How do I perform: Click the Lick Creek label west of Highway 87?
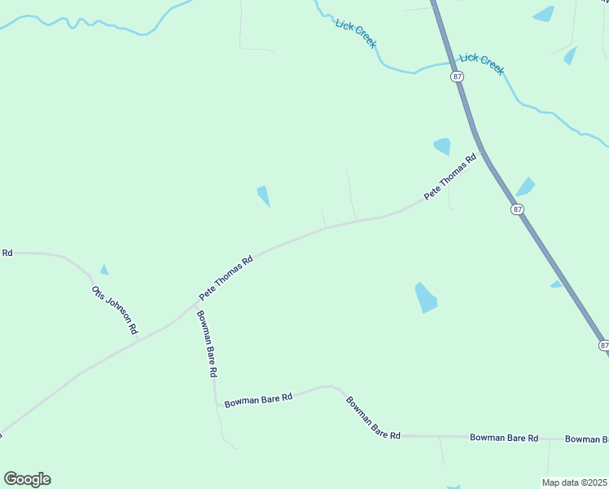click(356, 33)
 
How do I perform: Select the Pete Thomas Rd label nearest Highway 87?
click(449, 177)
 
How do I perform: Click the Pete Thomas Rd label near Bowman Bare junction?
click(226, 277)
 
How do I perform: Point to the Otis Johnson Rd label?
click(115, 310)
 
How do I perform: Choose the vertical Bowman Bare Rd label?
click(206, 343)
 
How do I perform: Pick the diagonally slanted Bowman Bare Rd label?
click(373, 417)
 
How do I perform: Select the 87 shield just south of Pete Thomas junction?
click(518, 209)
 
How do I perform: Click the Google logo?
click(27, 478)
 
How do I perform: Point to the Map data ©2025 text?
click(575, 482)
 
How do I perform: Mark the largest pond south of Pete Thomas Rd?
click(426, 297)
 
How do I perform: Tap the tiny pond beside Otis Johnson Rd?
click(104, 270)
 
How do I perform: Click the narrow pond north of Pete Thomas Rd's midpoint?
click(264, 196)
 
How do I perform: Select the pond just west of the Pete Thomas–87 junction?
click(442, 146)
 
